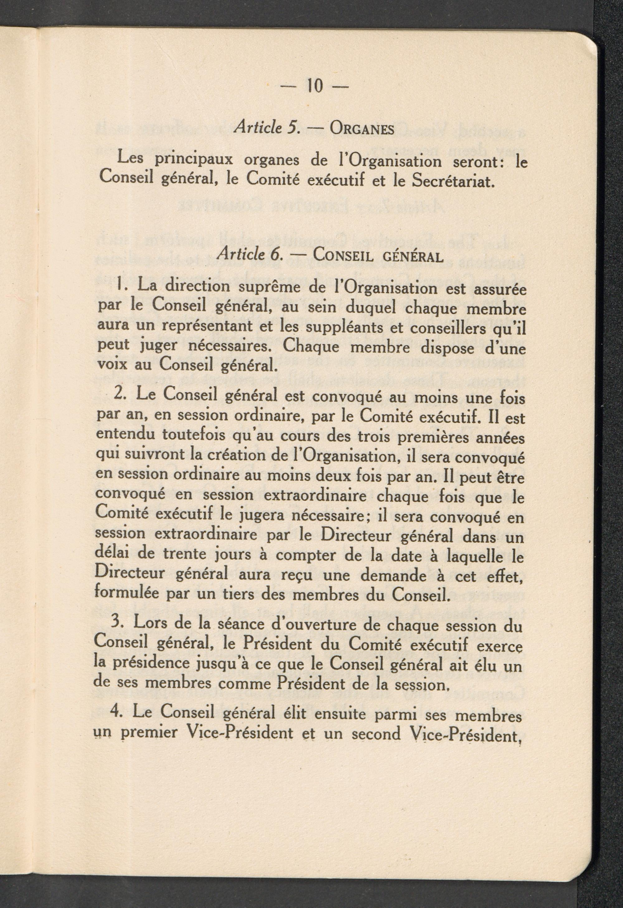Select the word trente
[x=166, y=555]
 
